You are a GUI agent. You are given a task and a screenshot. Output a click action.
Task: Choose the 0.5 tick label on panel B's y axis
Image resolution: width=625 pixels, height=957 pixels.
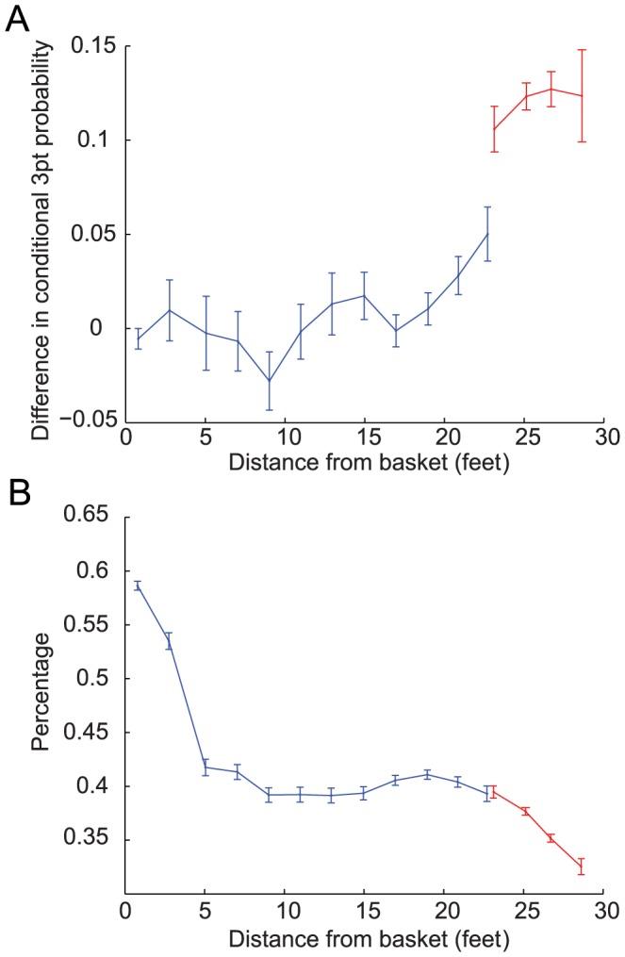click(x=98, y=679)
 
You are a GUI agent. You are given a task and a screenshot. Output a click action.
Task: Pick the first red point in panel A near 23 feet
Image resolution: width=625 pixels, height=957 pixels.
click(x=494, y=129)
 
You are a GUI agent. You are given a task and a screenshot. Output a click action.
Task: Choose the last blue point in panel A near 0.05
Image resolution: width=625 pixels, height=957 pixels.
click(x=487, y=234)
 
